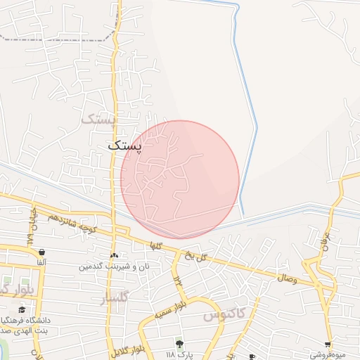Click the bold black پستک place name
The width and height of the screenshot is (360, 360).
pyautogui.click(x=125, y=146)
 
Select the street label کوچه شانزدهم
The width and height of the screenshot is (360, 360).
pyautogui.click(x=68, y=223)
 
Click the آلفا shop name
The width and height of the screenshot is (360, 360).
pyautogui.click(x=41, y=262)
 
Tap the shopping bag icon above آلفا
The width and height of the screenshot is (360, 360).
pyautogui.click(x=41, y=252)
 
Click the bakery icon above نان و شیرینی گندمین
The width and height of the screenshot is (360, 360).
pyautogui.click(x=115, y=256)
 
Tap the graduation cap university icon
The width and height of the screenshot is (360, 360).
pyautogui.click(x=22, y=309)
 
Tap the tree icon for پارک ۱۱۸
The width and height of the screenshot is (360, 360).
pyautogui.click(x=179, y=343)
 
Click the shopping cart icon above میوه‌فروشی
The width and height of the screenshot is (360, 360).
pyautogui.click(x=328, y=345)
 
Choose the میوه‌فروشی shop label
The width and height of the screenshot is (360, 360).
pyautogui.click(x=328, y=354)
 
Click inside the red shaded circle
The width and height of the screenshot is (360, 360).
pyautogui.click(x=180, y=179)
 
